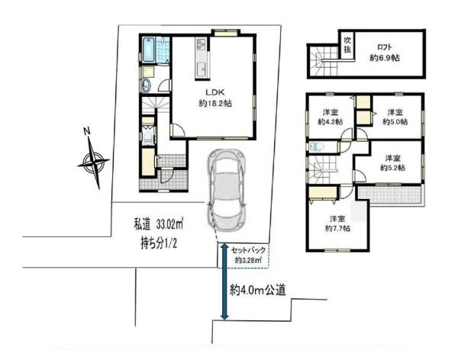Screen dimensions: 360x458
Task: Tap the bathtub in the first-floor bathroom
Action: [x=150, y=50]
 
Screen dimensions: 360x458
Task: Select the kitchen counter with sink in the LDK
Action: [x=202, y=59]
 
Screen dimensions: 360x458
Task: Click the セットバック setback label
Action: [x=248, y=249]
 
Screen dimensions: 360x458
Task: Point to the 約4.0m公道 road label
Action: [x=257, y=290]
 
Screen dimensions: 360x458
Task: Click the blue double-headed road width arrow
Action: [x=224, y=282]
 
